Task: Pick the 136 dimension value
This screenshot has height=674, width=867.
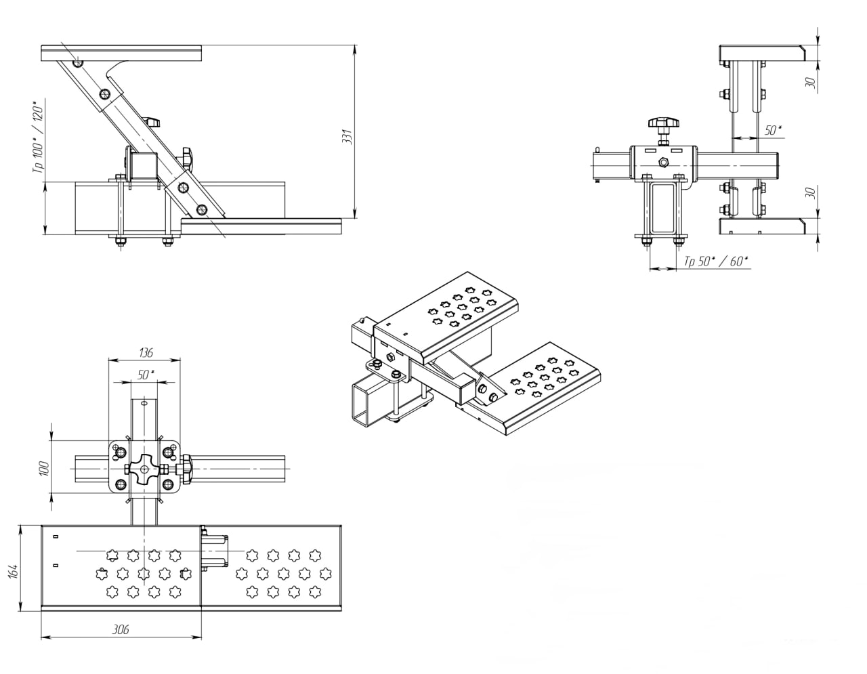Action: click(x=145, y=352)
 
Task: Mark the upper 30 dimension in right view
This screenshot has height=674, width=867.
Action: click(x=810, y=82)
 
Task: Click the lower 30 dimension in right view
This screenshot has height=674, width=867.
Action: click(x=810, y=193)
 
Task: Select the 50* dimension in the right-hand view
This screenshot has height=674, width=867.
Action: click(x=773, y=131)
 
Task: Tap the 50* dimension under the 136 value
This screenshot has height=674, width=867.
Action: click(x=144, y=374)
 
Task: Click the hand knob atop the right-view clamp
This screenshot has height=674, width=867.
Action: click(x=662, y=124)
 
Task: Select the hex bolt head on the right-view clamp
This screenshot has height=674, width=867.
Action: click(x=664, y=162)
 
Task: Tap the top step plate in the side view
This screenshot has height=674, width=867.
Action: click(x=121, y=51)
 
